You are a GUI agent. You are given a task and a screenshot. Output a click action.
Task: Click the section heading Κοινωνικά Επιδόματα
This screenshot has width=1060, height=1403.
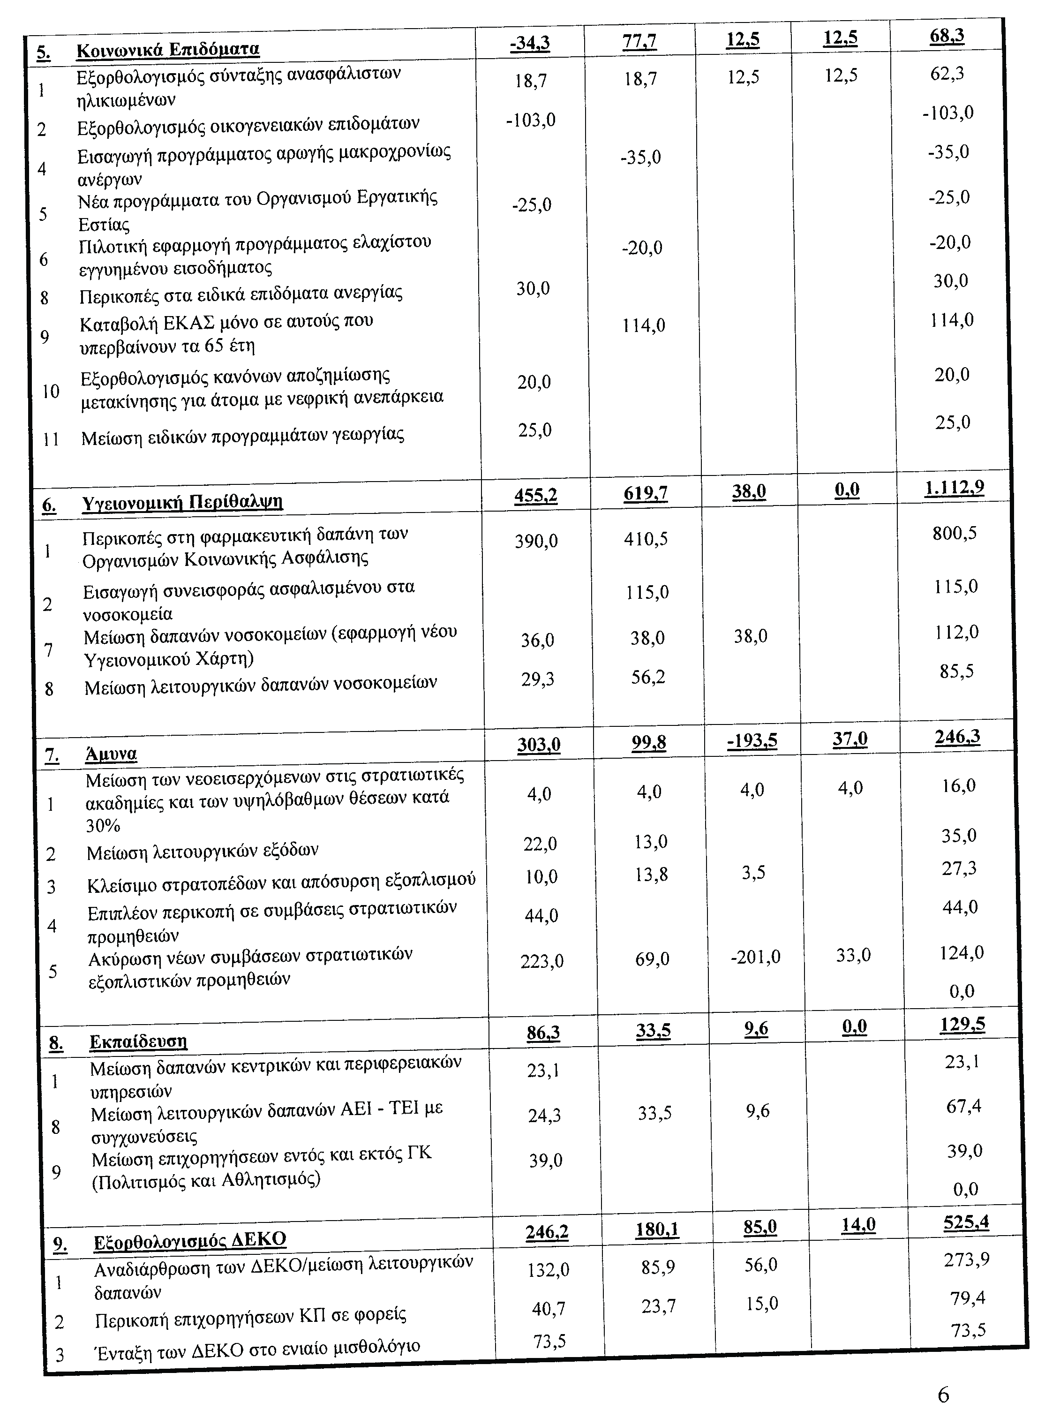167,50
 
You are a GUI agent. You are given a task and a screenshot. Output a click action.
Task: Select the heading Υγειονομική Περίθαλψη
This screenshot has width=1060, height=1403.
182,502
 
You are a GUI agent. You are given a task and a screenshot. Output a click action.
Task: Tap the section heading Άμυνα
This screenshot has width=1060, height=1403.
112,754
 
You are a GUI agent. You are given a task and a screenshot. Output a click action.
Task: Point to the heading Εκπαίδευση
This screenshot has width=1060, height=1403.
138,1041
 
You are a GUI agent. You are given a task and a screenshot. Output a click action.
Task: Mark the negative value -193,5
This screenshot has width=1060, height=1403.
752,741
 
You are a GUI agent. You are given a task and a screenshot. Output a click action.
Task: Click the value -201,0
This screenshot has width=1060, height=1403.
755,957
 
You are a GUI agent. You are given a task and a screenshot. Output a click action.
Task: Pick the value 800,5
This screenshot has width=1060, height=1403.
954,533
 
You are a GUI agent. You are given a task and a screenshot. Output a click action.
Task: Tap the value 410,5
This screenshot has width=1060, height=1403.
646,539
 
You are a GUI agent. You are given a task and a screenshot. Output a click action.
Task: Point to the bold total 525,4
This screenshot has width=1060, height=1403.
966,1222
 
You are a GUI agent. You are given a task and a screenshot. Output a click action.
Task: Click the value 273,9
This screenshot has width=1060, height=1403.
966,1259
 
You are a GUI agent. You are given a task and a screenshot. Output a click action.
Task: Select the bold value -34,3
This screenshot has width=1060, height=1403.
530,43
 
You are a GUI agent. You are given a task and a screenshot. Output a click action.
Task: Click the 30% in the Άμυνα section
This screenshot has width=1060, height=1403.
103,825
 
